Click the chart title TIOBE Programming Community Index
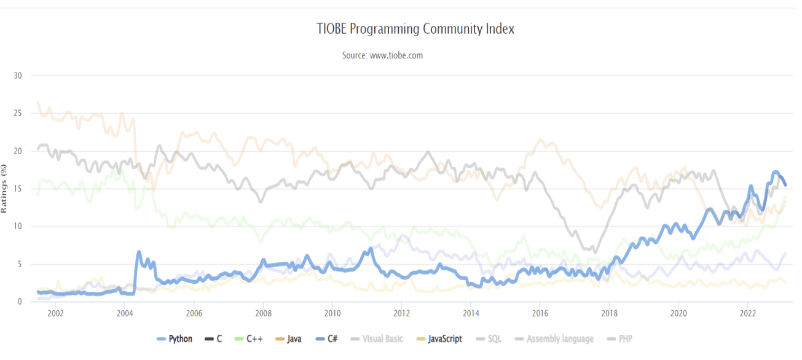415,29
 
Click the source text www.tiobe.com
382,55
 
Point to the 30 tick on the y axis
17,76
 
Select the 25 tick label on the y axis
17,113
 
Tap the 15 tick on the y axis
17,189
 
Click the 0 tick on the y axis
20,302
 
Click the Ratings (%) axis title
4,189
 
